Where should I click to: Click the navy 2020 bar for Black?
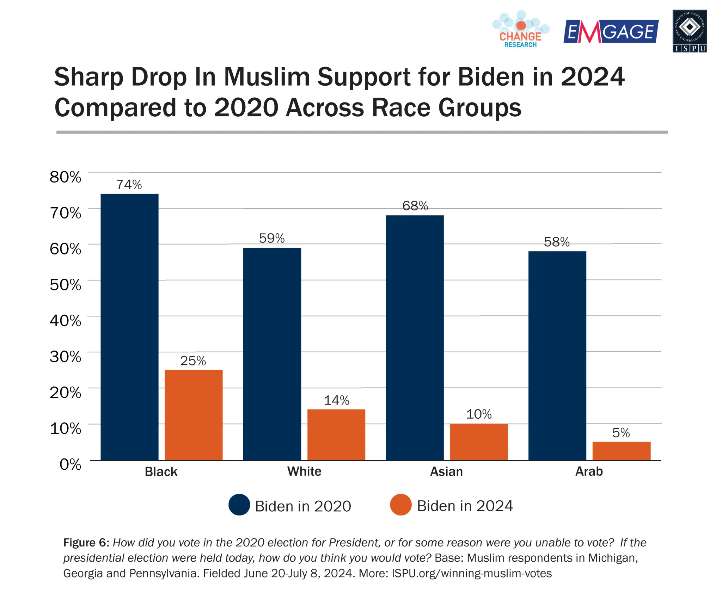pos(129,327)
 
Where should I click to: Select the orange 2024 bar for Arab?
pos(621,451)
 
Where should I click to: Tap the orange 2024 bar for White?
pos(336,434)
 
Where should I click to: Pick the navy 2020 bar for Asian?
pos(415,337)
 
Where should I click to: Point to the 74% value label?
pos(129,184)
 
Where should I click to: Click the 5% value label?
pos(621,433)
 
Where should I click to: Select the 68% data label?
pos(415,206)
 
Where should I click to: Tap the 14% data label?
pos(336,400)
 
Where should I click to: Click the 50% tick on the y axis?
pos(66,285)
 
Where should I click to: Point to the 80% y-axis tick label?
pos(66,177)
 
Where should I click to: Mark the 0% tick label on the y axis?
pos(70,464)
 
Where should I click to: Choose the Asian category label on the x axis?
pos(446,471)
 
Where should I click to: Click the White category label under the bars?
pos(304,471)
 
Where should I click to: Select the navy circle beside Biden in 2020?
pos(239,505)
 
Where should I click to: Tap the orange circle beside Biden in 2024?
pos(401,505)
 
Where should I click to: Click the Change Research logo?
pos(520,30)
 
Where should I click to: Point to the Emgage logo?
pos(611,32)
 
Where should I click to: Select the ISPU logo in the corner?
pos(690,31)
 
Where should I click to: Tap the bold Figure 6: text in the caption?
pos(86,543)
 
